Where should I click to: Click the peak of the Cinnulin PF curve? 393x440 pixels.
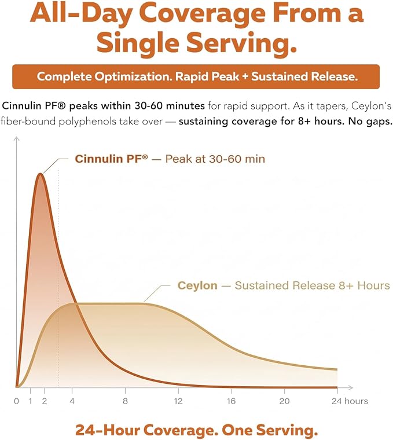41,174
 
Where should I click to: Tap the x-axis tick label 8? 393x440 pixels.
125,401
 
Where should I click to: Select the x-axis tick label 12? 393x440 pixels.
178,401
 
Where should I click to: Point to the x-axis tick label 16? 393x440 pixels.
231,401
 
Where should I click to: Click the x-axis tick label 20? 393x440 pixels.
284,401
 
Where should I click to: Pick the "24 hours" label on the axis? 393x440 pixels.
350,401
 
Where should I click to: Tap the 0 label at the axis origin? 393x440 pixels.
16,401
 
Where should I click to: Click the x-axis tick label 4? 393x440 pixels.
72,401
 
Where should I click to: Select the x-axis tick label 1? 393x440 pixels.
30,401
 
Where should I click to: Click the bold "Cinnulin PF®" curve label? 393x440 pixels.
111,159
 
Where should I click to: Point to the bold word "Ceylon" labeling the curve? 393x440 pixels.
197,285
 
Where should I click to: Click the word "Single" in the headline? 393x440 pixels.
138,42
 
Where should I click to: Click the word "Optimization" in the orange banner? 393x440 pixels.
134,76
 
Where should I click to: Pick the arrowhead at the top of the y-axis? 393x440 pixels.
17,139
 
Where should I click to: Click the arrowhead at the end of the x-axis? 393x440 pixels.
350,387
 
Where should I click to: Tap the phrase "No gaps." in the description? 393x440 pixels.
370,121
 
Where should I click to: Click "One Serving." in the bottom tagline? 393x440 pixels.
270,430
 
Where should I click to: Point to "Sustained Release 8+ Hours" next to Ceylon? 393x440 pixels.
312,285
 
